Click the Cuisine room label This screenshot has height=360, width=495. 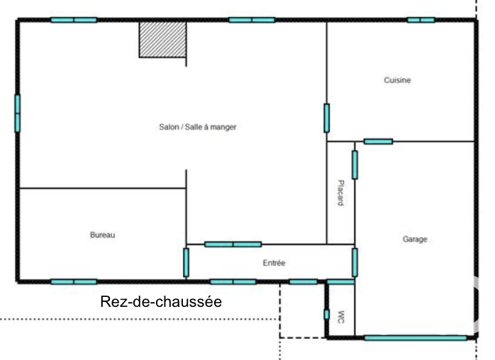click(x=397, y=80)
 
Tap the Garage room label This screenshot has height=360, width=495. click(x=415, y=239)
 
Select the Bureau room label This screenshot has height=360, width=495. click(x=102, y=235)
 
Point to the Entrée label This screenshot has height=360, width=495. click(x=274, y=263)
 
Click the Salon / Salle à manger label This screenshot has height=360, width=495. click(x=198, y=127)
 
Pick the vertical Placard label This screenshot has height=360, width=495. click(x=340, y=193)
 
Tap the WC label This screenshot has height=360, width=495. click(x=341, y=317)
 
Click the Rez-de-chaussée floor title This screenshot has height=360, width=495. click(x=161, y=302)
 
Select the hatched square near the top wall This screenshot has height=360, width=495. click(x=162, y=40)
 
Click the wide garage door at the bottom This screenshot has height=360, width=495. click(x=416, y=338)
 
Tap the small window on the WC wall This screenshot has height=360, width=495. click(x=327, y=315)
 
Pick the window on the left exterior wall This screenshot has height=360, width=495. click(x=17, y=113)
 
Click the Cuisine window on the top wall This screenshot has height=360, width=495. click(x=421, y=20)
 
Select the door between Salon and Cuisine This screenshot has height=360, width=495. click(x=327, y=118)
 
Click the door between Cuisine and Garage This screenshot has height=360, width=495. click(x=378, y=141)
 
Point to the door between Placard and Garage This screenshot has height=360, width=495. click(x=355, y=164)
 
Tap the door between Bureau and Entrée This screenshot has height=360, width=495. click(x=187, y=262)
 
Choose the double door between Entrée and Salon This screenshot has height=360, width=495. click(x=233, y=244)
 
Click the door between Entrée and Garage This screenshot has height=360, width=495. click(x=355, y=262)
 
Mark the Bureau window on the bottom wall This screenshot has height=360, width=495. click(x=74, y=282)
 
